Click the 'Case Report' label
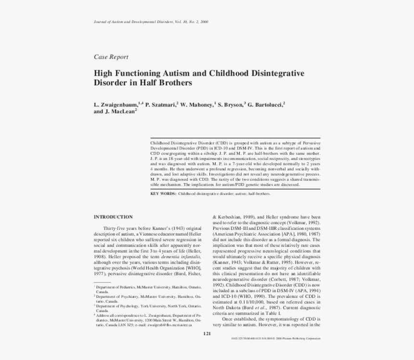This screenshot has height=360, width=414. click(x=111, y=57)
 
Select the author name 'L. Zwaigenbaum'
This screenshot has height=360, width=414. click(x=116, y=104)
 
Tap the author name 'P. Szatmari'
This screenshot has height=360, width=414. click(x=160, y=104)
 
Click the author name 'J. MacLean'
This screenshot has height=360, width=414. click(x=119, y=111)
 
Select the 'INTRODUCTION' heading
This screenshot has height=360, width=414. click(x=113, y=217)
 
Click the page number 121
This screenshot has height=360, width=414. click(x=207, y=333)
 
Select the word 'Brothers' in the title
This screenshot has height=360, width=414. click(x=175, y=83)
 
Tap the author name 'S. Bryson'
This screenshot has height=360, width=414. click(x=230, y=104)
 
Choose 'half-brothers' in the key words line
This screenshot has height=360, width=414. click(x=259, y=194)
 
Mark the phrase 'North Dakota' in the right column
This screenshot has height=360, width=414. click(x=227, y=307)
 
